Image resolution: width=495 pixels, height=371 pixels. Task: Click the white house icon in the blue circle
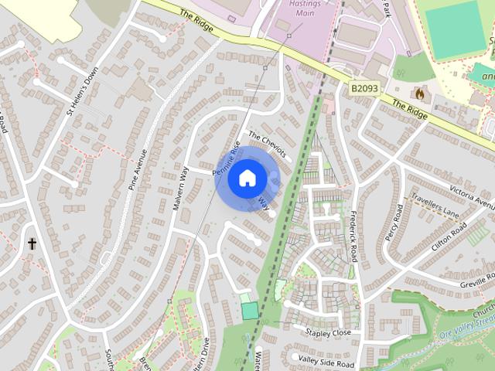pyautogui.click(x=247, y=179)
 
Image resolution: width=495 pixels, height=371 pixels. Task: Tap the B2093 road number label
pyautogui.click(x=364, y=90)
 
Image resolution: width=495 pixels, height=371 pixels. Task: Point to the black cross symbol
pyautogui.click(x=32, y=243)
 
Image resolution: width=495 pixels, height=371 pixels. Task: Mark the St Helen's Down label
pyautogui.click(x=83, y=91)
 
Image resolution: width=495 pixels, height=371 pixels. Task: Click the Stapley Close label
pyautogui.click(x=328, y=333)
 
